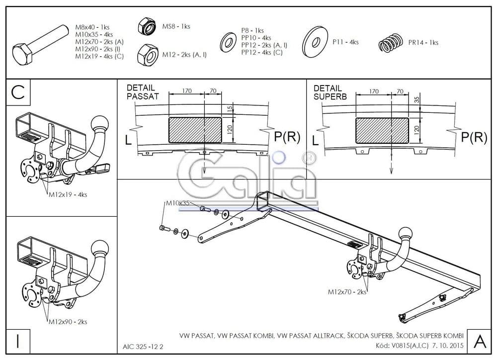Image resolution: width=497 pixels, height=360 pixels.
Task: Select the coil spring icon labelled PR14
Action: pos(391,43)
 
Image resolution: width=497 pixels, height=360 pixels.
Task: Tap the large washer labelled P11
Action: pos(315,42)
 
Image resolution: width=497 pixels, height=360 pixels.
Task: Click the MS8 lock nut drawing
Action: pos(147,26)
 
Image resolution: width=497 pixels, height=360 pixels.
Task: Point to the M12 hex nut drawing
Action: pos(148,55)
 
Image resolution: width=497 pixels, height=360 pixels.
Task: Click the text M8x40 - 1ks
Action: pos(92,27)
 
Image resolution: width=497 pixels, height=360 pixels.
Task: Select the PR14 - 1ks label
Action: pos(423,42)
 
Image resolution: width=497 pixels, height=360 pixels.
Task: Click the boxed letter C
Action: pos(18,92)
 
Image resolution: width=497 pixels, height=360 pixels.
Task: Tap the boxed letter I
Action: pos(18,341)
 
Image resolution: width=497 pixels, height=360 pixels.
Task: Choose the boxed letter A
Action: pos(480,341)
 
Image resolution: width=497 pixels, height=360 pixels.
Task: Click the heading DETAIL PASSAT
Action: pos(142,92)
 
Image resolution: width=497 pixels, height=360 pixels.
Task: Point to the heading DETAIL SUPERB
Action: pos(330,92)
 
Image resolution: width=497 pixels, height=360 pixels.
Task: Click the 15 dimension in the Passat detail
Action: pos(230,109)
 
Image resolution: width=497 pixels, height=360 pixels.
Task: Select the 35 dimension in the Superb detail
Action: pos(417,99)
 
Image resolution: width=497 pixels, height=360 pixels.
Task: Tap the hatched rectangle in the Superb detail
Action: pos(382,130)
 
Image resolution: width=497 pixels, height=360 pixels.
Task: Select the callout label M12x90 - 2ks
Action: pos(68,322)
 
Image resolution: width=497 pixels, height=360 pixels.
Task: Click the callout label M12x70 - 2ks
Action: pos(347,292)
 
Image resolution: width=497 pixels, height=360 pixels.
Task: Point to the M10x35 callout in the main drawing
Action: pos(177,203)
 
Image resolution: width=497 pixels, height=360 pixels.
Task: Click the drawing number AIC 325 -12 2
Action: pos(143,347)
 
